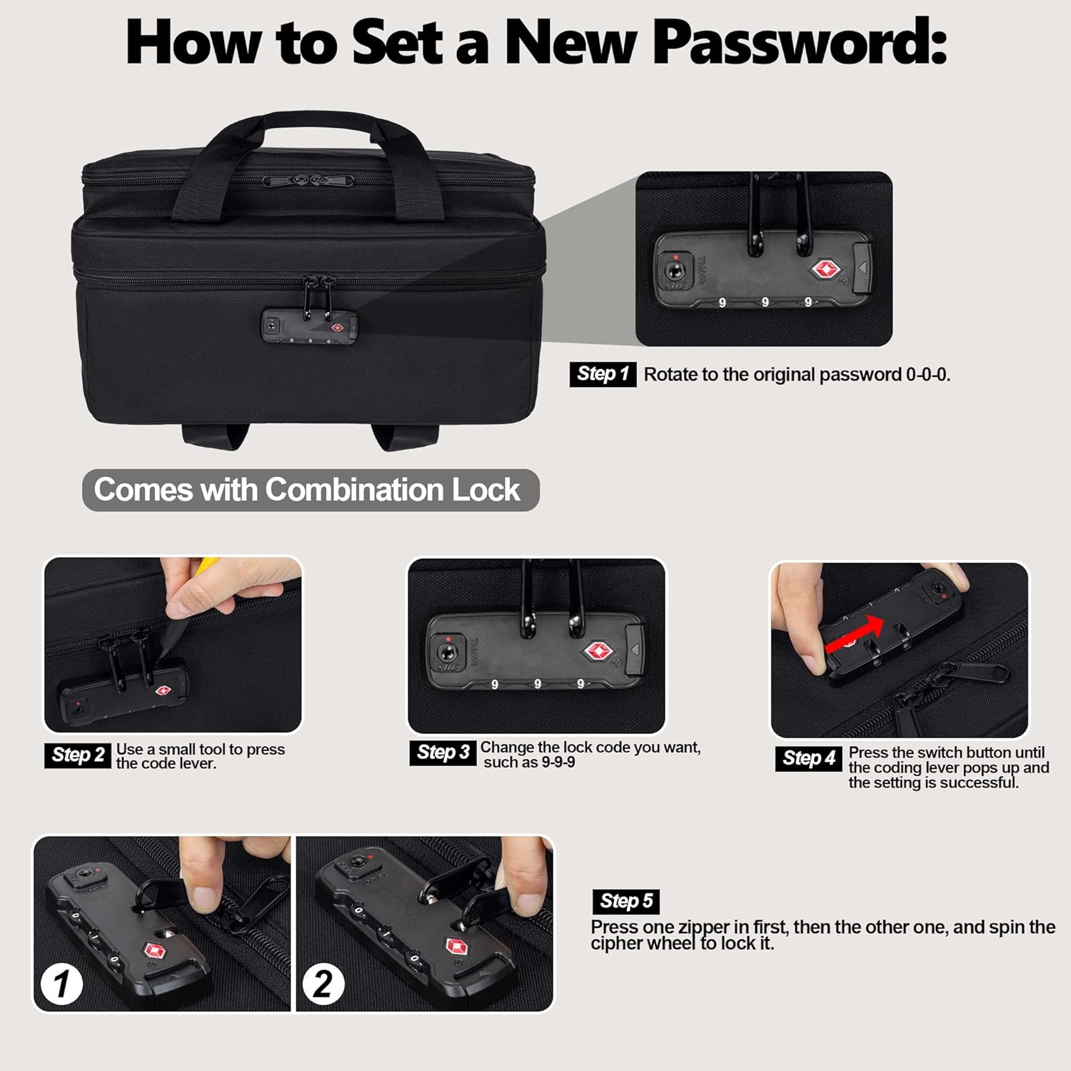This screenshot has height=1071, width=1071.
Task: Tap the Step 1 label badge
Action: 602,374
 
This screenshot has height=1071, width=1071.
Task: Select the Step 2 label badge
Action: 78,755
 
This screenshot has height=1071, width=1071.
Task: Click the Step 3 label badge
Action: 443,753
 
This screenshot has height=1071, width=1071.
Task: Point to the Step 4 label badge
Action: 808,758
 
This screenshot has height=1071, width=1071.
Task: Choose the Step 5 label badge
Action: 625,901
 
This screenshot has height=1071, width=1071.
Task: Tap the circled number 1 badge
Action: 61,984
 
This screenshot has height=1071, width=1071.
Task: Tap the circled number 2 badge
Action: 323,984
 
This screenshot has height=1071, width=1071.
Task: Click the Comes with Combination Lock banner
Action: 311,490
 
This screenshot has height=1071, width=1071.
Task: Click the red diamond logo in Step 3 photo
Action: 598,651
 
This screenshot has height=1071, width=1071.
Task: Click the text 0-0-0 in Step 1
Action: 927,375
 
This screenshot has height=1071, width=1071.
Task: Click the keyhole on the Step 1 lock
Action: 675,271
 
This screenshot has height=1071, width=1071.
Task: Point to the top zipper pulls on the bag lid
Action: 308,180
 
